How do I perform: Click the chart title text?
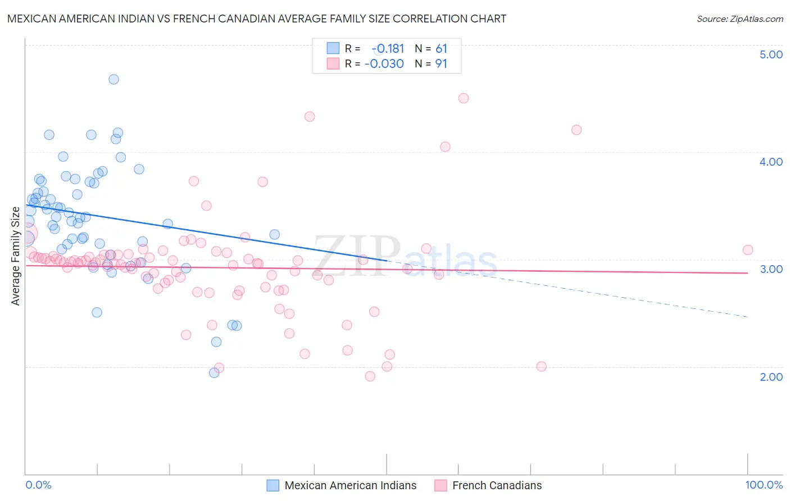tap(257, 19)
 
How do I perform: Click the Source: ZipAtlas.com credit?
tap(739, 19)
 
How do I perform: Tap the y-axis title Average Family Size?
tap(16, 256)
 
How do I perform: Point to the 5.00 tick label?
tap(771, 54)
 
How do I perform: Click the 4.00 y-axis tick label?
tap(771, 162)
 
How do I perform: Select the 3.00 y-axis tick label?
tap(771, 269)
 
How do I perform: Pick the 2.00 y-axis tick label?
tap(771, 377)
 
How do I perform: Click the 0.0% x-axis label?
tap(38, 485)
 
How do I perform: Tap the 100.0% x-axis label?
tap(764, 485)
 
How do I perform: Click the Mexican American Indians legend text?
tap(351, 485)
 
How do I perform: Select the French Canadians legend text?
tap(497, 485)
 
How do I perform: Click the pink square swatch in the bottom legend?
tap(441, 485)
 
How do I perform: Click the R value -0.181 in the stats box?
tap(388, 49)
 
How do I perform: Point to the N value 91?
tap(441, 64)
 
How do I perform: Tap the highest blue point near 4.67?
tap(113, 79)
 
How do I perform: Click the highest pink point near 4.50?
tap(464, 98)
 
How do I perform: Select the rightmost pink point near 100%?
tap(748, 250)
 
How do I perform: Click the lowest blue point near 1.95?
tap(214, 372)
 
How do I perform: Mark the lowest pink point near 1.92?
tap(370, 376)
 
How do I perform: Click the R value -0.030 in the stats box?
tap(384, 64)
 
